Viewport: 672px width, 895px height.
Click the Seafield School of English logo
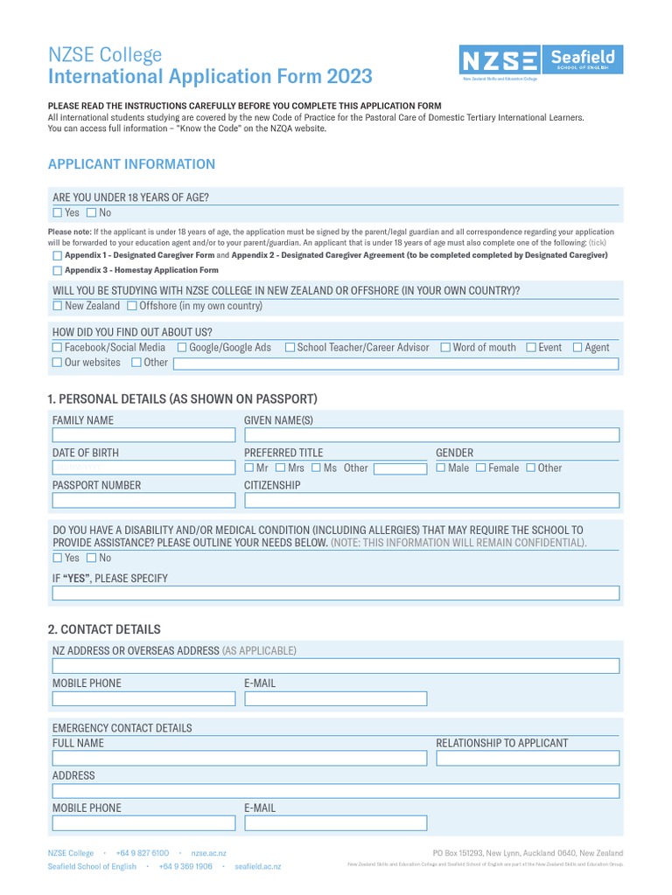pyautogui.click(x=583, y=60)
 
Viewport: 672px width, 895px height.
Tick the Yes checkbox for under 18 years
pyautogui.click(x=58, y=212)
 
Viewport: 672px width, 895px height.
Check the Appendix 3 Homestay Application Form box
pyautogui.click(x=58, y=270)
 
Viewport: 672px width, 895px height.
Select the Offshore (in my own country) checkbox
pyautogui.click(x=132, y=306)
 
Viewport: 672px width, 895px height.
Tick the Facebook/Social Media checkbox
pyautogui.click(x=58, y=347)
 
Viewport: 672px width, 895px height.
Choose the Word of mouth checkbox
pyautogui.click(x=445, y=347)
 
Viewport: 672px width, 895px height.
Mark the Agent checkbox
pyautogui.click(x=577, y=347)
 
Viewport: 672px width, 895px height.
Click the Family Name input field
pyautogui.click(x=143, y=435)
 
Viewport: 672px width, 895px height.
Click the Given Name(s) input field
pyautogui.click(x=431, y=435)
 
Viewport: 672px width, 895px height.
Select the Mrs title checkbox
pyautogui.click(x=280, y=468)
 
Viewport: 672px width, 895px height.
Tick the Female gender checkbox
pyautogui.click(x=480, y=468)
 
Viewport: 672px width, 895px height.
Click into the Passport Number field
pyautogui.click(x=143, y=501)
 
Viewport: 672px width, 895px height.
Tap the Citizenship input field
pyautogui.click(x=431, y=501)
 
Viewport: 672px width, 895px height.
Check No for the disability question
pyautogui.click(x=92, y=558)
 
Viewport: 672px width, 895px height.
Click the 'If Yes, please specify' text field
pyautogui.click(x=336, y=594)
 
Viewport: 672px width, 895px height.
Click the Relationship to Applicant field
pyautogui.click(x=528, y=759)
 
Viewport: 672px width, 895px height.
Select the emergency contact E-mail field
pyautogui.click(x=336, y=823)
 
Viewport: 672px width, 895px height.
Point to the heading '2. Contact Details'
pyautogui.click(x=104, y=629)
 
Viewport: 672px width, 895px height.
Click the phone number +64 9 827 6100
pyautogui.click(x=143, y=853)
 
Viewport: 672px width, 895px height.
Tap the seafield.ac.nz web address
pyautogui.click(x=258, y=867)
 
